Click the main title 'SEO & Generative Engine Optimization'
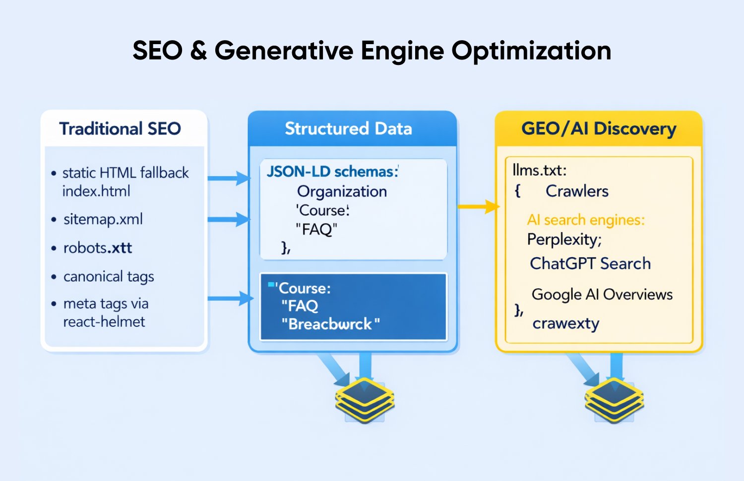click(x=372, y=51)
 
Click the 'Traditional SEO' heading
click(x=120, y=129)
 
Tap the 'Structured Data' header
click(x=348, y=129)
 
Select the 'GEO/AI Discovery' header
click(x=599, y=129)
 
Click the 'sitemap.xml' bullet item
click(x=103, y=219)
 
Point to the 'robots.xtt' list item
click(x=98, y=248)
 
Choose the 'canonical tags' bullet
click(x=109, y=277)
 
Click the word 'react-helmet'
click(x=104, y=322)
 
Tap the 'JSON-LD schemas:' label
click(x=332, y=172)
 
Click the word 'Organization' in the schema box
click(x=342, y=191)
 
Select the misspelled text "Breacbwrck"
click(x=330, y=324)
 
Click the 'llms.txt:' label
click(x=539, y=171)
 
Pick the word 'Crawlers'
click(x=577, y=191)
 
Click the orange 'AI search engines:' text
click(x=586, y=220)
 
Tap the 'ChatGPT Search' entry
click(x=590, y=264)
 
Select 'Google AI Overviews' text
click(x=602, y=295)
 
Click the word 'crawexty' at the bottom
click(x=566, y=324)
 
